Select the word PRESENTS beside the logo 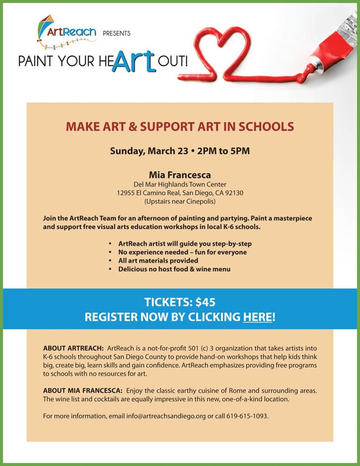click(x=116, y=33)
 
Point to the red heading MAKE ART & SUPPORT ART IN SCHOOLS click(x=180, y=127)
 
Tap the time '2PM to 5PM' click(x=223, y=151)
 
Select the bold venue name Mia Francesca click(x=180, y=174)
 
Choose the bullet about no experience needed click(x=182, y=252)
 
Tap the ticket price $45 click(x=205, y=302)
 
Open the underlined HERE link click(x=258, y=317)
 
